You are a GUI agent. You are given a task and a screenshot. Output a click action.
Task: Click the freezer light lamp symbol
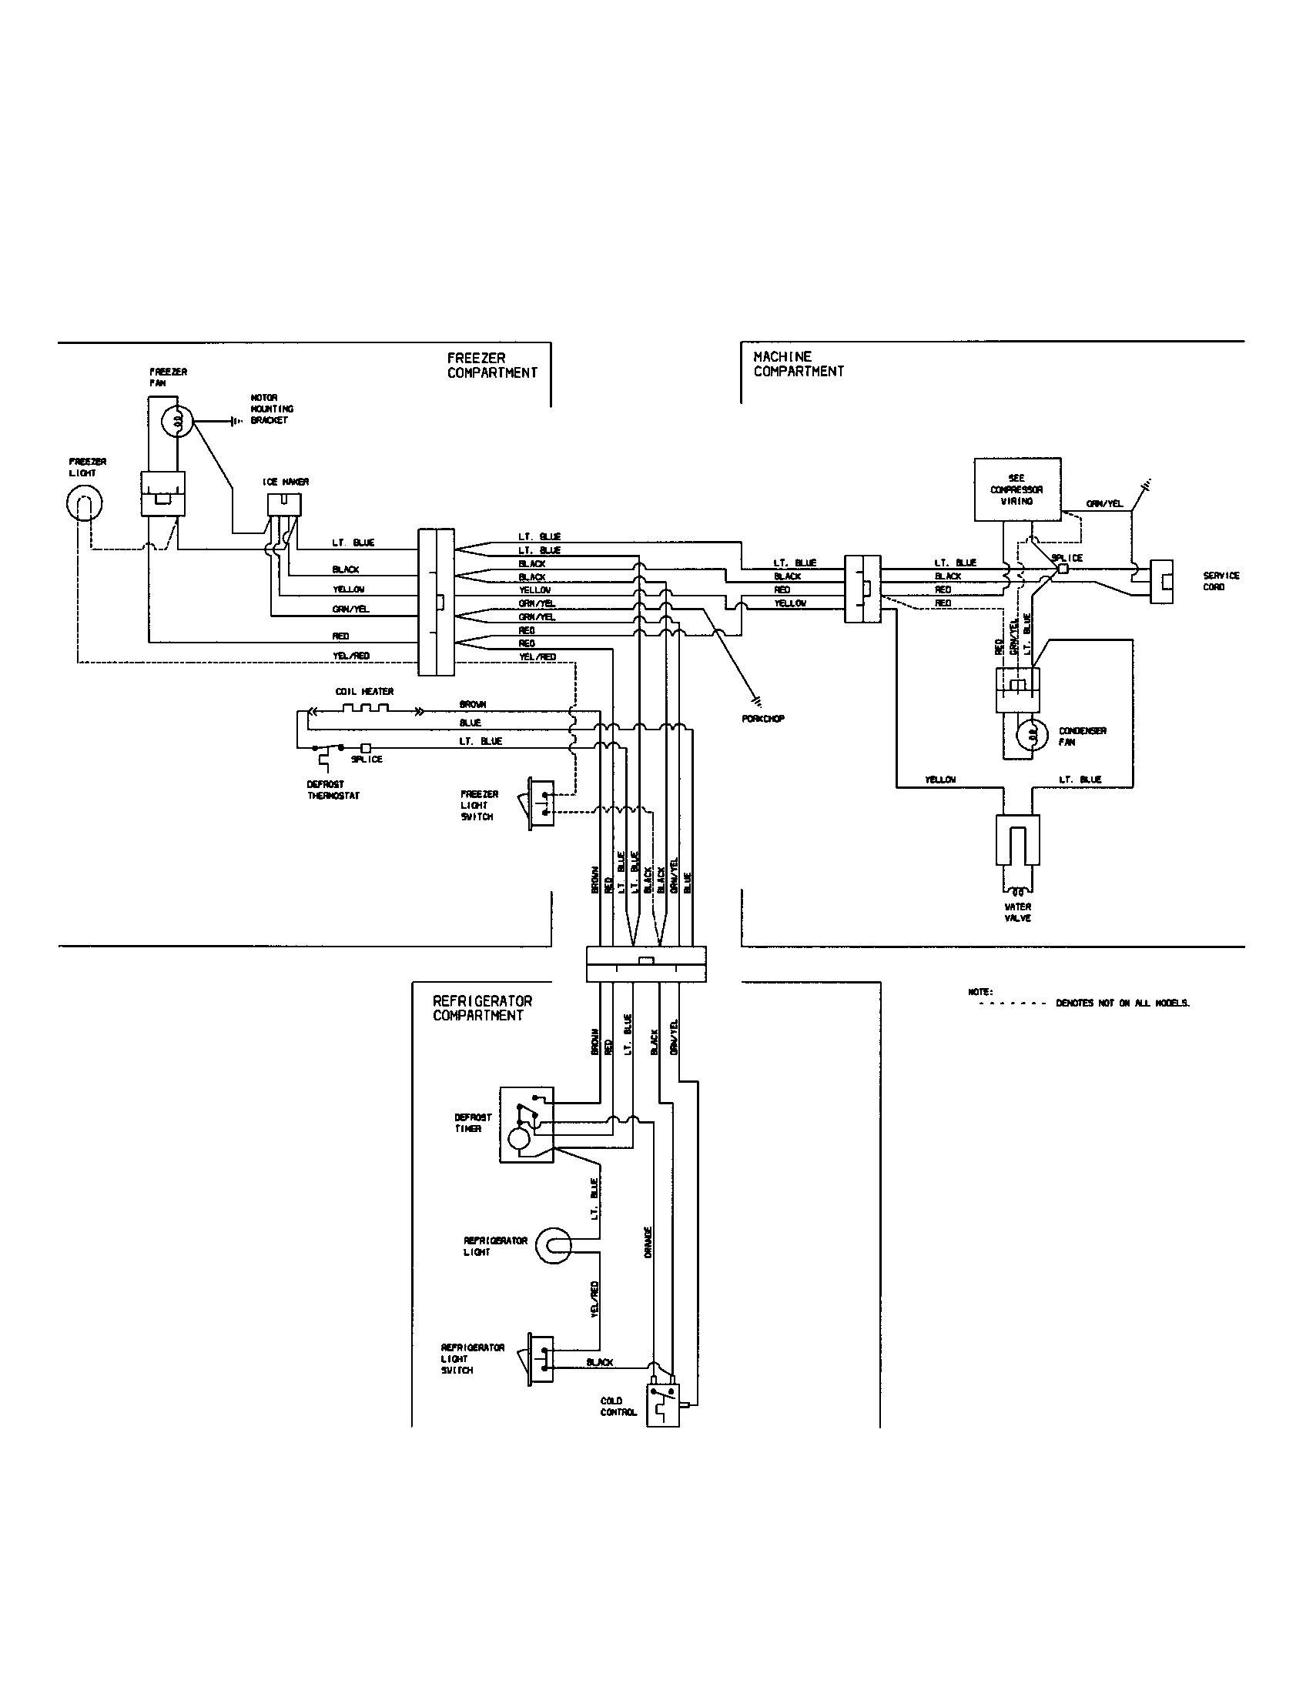82,505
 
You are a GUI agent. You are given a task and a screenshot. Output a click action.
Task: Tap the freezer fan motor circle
177,422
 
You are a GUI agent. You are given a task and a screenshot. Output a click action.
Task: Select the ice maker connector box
285,505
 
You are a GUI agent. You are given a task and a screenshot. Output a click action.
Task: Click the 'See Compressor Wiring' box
1016,489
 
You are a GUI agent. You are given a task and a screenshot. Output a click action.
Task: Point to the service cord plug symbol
1161,581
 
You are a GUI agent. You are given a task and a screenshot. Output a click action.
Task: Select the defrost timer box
527,1124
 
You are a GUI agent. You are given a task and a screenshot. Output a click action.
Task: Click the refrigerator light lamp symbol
553,1246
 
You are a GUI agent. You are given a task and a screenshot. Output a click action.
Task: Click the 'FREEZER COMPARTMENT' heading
492,365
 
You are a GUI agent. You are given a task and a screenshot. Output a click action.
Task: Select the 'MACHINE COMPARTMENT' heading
798,363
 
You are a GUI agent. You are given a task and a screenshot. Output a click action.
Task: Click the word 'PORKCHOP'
762,719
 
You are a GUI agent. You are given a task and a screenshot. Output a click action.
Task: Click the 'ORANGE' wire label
648,1241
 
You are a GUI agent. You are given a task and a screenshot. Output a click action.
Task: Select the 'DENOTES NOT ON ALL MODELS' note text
1121,1003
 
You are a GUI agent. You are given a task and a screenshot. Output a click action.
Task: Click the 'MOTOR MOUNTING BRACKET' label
268,409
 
